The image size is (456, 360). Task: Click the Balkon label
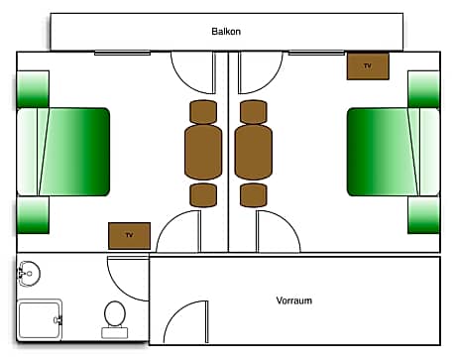tap(226, 32)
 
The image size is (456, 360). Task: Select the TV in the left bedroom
tap(129, 236)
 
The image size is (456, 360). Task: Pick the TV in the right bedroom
tap(368, 66)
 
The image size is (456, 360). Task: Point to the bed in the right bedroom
tap(393, 152)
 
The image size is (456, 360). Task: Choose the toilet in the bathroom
tap(114, 318)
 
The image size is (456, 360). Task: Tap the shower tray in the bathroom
tap(40, 320)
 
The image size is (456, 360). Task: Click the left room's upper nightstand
tap(33, 89)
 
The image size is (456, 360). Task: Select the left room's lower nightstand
tap(33, 214)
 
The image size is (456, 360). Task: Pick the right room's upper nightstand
tap(423, 89)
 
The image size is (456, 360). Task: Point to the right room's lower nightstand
tap(423, 214)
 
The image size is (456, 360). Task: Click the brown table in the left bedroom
tap(202, 152)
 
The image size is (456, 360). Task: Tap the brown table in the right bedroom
tap(253, 152)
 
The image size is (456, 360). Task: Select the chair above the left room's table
tap(202, 109)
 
